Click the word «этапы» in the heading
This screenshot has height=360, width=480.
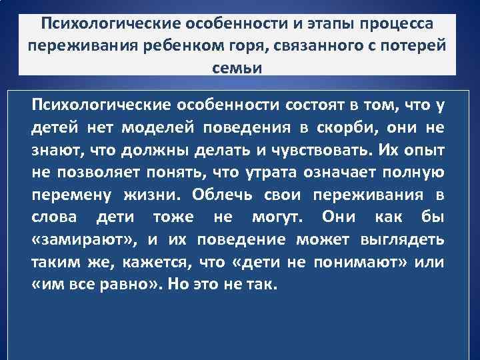[329, 24]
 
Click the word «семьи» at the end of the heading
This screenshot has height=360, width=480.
[237, 68]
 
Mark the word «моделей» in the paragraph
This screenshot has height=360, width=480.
[157, 127]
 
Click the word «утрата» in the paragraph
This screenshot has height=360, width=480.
[271, 173]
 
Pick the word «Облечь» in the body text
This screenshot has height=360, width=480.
[222, 195]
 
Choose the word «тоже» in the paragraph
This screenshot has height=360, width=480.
[173, 217]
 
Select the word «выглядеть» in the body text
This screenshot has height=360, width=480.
[402, 240]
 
